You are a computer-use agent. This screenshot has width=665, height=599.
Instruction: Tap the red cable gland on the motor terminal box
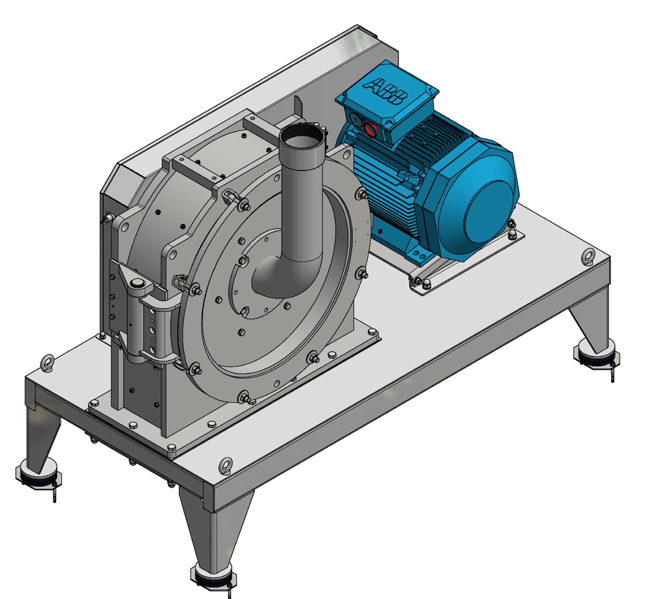coord(370,128)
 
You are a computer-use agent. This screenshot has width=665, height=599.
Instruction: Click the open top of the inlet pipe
coord(302,137)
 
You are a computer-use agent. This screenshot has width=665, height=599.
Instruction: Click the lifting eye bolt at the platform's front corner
coord(226,464)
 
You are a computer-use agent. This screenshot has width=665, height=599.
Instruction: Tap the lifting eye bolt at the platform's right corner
coord(588,256)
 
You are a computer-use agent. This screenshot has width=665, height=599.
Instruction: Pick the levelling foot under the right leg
coord(595,355)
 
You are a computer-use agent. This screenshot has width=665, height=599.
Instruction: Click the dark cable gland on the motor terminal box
coord(354,119)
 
